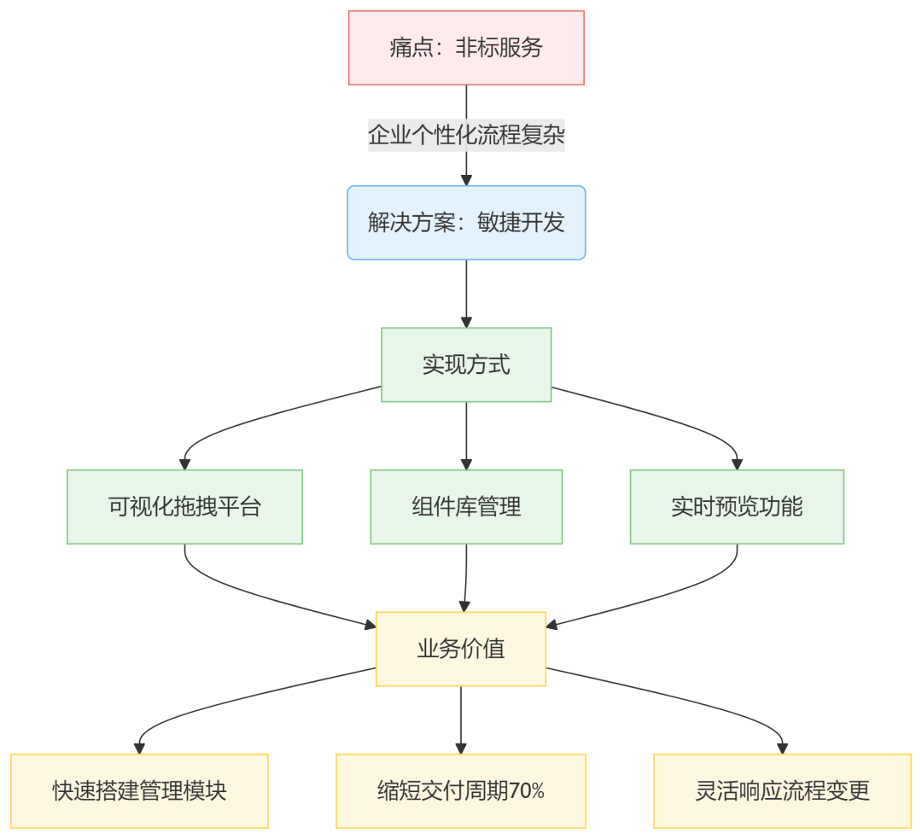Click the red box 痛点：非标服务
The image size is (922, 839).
(x=466, y=48)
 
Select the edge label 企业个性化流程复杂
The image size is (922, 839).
(x=466, y=135)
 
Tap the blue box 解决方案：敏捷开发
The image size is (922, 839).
(x=466, y=223)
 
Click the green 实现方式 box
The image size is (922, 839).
(x=466, y=364)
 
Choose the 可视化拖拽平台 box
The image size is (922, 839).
(x=184, y=507)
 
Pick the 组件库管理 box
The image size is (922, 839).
(x=466, y=507)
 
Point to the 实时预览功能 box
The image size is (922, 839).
(x=737, y=507)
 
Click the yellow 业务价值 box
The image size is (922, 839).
(x=461, y=649)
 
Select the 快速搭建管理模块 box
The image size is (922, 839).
(x=139, y=791)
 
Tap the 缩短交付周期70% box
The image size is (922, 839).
(x=461, y=791)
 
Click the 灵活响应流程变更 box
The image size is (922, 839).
(x=782, y=791)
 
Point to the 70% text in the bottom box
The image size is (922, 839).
(x=527, y=792)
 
